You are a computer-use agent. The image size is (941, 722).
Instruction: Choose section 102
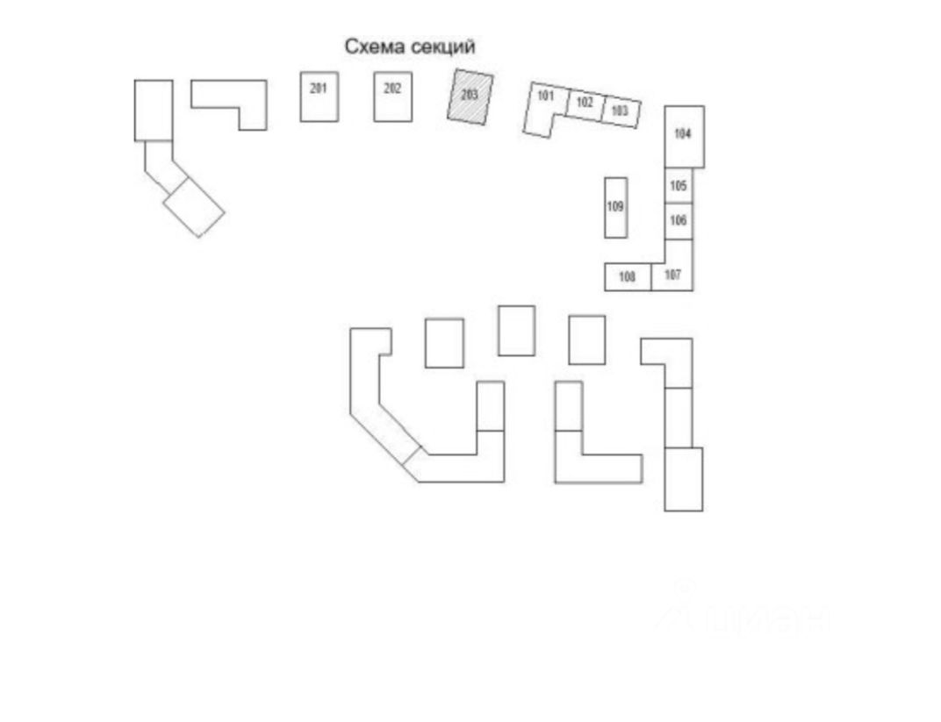(585, 104)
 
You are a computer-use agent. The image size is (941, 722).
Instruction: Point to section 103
(621, 111)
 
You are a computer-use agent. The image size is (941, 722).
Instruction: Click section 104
(684, 136)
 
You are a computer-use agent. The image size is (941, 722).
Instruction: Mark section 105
(679, 186)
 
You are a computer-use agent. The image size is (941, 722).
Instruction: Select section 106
(679, 221)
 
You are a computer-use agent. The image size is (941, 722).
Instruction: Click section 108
(628, 277)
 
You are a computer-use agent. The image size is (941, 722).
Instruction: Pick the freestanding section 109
(615, 207)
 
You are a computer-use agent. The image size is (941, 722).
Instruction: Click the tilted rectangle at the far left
(194, 207)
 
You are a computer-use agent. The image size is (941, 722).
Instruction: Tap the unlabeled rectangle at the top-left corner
(154, 110)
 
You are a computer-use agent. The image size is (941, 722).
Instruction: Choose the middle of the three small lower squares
(516, 331)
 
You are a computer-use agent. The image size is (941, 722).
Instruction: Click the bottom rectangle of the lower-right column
(683, 479)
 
